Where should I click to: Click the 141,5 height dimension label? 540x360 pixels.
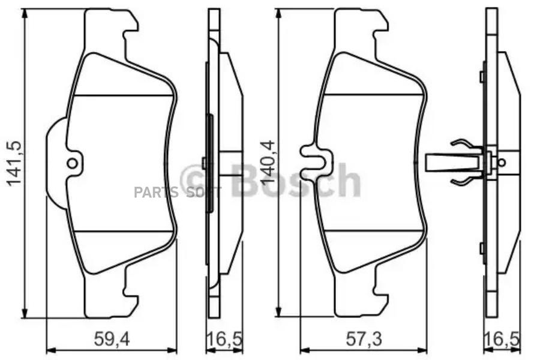(x=14, y=164)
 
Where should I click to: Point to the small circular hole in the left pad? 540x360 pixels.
(x=73, y=163)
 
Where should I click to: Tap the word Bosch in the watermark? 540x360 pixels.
(x=295, y=181)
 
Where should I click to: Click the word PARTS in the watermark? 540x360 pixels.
(x=156, y=192)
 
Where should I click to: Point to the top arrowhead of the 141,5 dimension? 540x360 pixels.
(x=24, y=14)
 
